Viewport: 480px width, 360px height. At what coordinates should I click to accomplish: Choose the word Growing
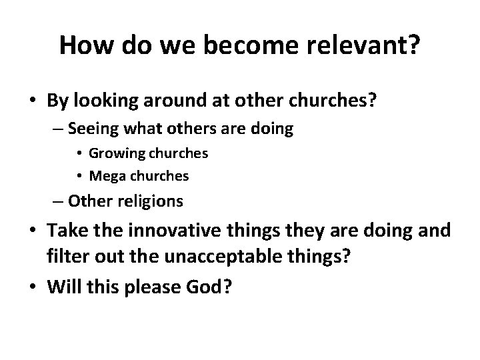114,153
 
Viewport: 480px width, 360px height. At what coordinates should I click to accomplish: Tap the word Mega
105,176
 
